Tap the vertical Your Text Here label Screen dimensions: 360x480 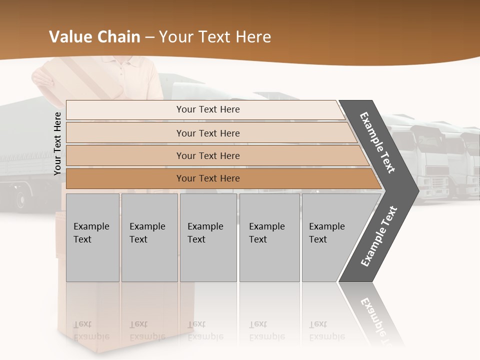point(57,143)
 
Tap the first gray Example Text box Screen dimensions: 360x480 point(92,237)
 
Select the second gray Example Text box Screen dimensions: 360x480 point(149,237)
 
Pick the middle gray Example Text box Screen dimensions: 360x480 point(208,237)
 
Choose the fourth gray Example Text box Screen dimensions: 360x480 point(269,237)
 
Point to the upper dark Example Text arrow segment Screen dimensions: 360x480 point(378,143)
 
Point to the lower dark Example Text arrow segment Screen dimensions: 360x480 point(378,236)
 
